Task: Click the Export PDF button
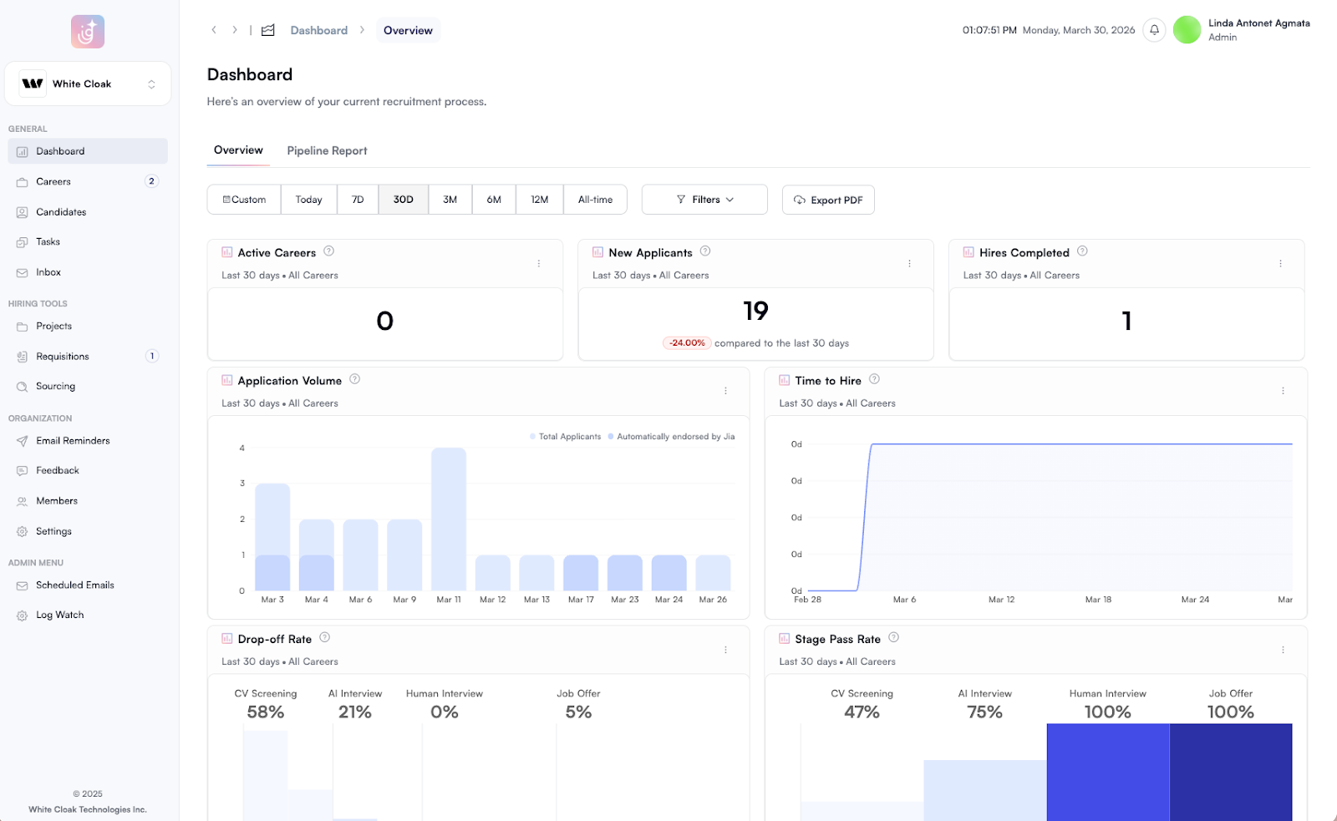point(828,200)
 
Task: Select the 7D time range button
point(358,200)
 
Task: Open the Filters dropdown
point(704,200)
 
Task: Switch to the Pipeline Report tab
point(327,151)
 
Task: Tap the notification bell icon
point(1154,30)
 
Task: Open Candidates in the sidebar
point(61,212)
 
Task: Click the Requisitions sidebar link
point(63,357)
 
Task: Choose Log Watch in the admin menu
point(59,616)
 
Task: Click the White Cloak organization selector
point(88,84)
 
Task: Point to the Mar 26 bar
point(713,573)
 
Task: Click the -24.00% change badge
point(687,343)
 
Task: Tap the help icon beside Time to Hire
point(874,379)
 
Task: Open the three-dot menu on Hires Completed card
point(1280,264)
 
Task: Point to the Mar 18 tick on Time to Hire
point(1098,600)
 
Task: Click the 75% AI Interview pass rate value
point(984,712)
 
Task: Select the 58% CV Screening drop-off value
point(266,712)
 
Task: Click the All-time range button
point(595,200)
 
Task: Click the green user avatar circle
point(1187,30)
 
